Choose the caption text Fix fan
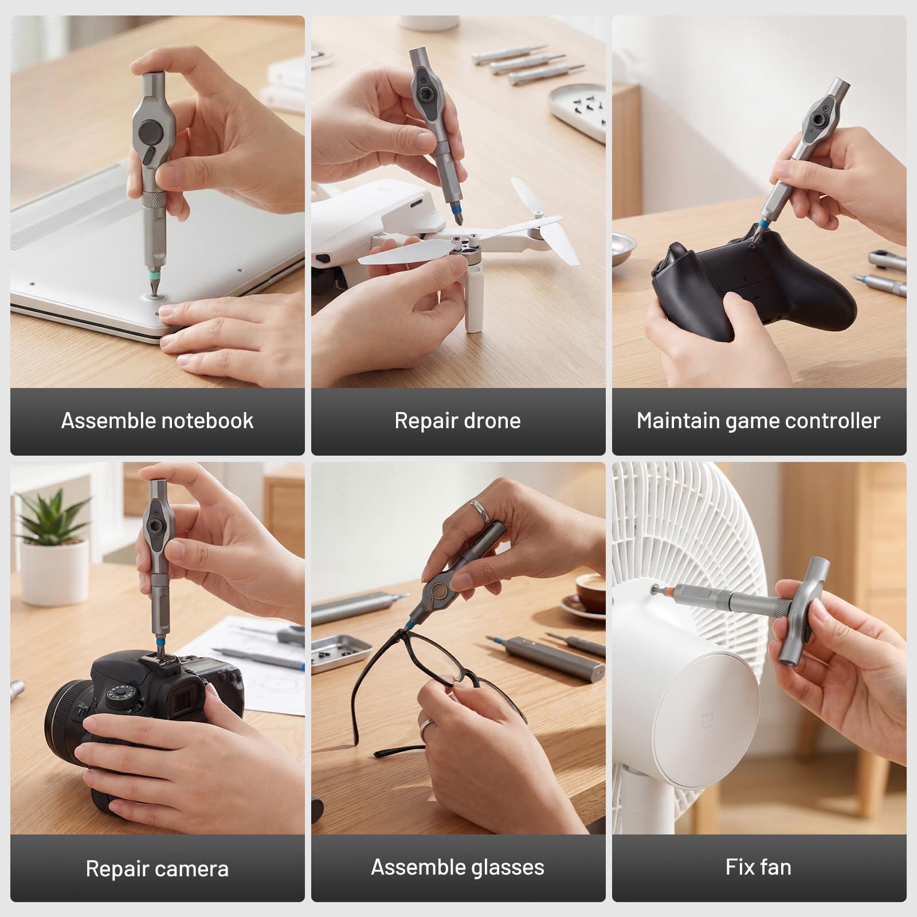point(758,867)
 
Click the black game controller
point(751,281)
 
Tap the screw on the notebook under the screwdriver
point(154,295)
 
